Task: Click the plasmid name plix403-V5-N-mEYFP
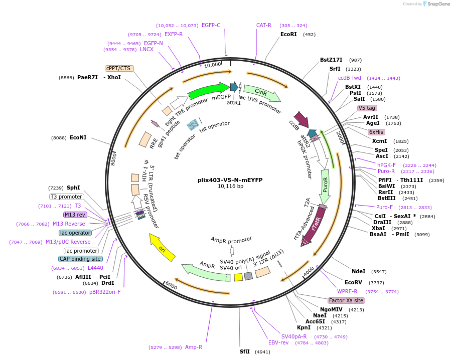pyautogui.click(x=230, y=179)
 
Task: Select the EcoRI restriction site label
pyautogui.click(x=288, y=35)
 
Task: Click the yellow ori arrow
pyautogui.click(x=163, y=247)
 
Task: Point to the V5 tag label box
pyautogui.click(x=367, y=108)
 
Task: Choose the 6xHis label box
pyautogui.click(x=376, y=132)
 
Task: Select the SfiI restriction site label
pyautogui.click(x=244, y=351)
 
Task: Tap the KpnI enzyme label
pyautogui.click(x=304, y=328)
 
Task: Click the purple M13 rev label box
pyautogui.click(x=75, y=215)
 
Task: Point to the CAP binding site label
pyautogui.click(x=81, y=259)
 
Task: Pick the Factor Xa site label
pyautogui.click(x=347, y=300)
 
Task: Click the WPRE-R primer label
pyautogui.click(x=347, y=291)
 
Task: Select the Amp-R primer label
pyautogui.click(x=194, y=347)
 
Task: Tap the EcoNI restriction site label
pyautogui.click(x=78, y=137)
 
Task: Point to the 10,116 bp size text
pyautogui.click(x=230, y=187)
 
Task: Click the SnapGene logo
pyautogui.click(x=436, y=4)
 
